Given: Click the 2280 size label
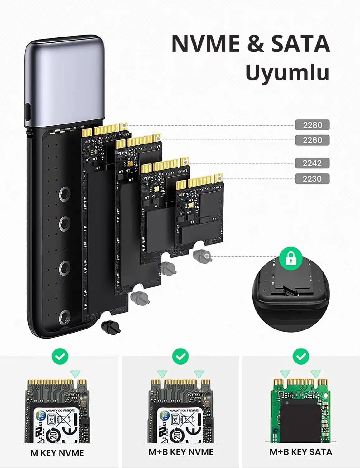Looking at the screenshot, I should pyautogui.click(x=312, y=125).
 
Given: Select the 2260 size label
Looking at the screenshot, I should pyautogui.click(x=312, y=140).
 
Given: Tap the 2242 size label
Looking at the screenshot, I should pyautogui.click(x=312, y=163).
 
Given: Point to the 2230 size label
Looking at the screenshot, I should pyautogui.click(x=312, y=179).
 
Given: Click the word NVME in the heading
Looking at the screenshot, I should pyautogui.click(x=206, y=44).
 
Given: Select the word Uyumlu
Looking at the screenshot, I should pyautogui.click(x=287, y=73).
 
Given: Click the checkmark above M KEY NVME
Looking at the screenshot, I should pyautogui.click(x=60, y=356).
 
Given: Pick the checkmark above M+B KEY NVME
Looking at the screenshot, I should pyautogui.click(x=180, y=356).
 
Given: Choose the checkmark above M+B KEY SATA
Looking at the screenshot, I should pyautogui.click(x=301, y=356).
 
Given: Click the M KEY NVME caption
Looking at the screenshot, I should pyautogui.click(x=57, y=453).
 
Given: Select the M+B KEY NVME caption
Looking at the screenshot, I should pyautogui.click(x=181, y=452).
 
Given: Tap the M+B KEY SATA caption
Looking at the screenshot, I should pyautogui.click(x=301, y=452).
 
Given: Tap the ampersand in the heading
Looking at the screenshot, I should pyautogui.click(x=255, y=44).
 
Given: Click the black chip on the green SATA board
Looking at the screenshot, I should pyautogui.click(x=300, y=418).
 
